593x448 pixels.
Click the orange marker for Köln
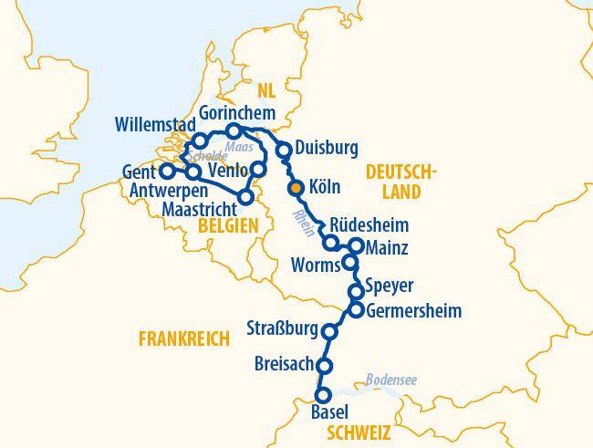pyautogui.click(x=295, y=188)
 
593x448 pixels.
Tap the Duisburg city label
pyautogui.click(x=327, y=148)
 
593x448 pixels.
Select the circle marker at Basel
pyautogui.click(x=321, y=396)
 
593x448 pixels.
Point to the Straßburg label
pyautogui.click(x=283, y=328)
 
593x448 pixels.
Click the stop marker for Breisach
pyautogui.click(x=323, y=366)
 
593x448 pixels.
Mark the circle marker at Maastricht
pyautogui.click(x=244, y=196)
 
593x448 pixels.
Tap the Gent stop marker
pyautogui.click(x=167, y=171)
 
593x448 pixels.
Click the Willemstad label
pyautogui.click(x=153, y=123)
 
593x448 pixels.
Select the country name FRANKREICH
pyautogui.click(x=183, y=339)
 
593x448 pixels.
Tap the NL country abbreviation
pyautogui.click(x=265, y=90)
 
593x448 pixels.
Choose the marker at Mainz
pyautogui.click(x=357, y=245)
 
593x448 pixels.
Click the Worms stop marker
pyautogui.click(x=349, y=264)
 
